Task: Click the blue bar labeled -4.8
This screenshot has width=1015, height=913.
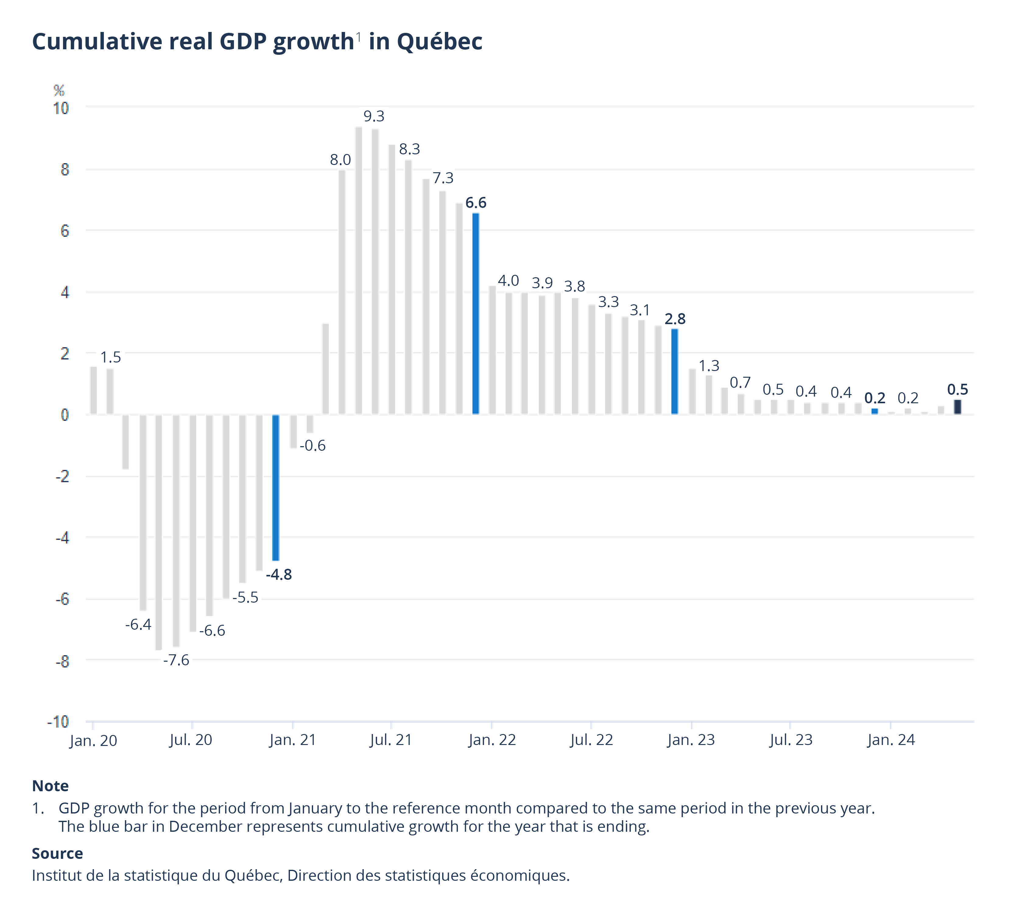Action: click(276, 487)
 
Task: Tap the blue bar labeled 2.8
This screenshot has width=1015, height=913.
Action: click(675, 371)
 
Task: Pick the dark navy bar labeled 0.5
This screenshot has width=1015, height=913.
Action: click(957, 407)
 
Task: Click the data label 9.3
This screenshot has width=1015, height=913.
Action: click(374, 116)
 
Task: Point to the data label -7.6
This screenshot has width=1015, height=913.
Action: click(176, 660)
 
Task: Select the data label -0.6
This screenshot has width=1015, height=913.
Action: click(313, 446)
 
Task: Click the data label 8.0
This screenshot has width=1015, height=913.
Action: click(340, 160)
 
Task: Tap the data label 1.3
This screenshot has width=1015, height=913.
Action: click(709, 366)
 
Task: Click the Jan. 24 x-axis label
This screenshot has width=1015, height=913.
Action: click(890, 740)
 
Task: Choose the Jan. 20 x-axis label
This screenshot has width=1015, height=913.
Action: click(93, 740)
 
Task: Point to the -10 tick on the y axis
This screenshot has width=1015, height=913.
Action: click(58, 722)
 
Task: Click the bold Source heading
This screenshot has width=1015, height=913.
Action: click(57, 853)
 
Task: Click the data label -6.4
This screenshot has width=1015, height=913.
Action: click(138, 624)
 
